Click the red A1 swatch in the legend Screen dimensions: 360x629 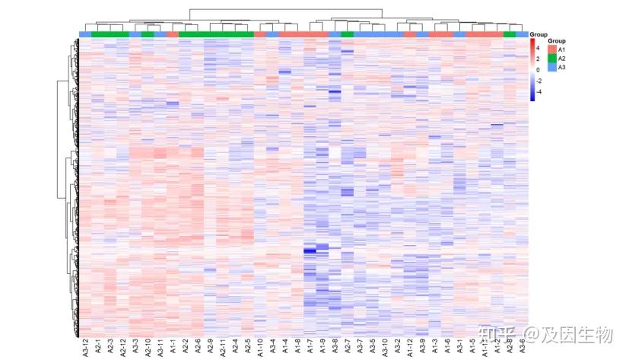(x=551, y=49)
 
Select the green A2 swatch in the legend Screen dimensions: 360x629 (x=551, y=58)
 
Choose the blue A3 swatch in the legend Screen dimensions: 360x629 (x=551, y=67)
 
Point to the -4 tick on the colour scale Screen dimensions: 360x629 (x=538, y=91)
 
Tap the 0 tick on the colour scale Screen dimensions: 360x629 (x=538, y=69)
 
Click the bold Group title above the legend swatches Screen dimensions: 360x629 (x=556, y=40)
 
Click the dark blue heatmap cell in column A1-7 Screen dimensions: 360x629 (x=310, y=250)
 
